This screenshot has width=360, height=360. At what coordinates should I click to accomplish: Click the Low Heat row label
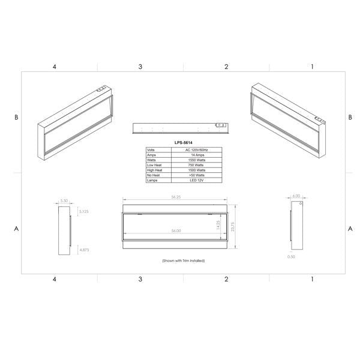coord(153,164)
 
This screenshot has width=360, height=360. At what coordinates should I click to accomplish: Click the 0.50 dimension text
coord(291,256)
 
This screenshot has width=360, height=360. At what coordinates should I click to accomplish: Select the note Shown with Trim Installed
coord(184,261)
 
